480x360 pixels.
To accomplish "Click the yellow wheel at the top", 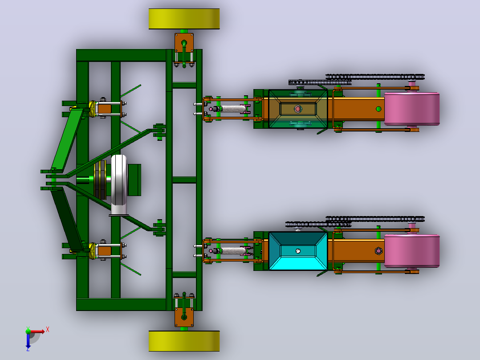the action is tap(184, 19).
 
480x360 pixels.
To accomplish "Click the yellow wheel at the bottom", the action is tap(184, 341).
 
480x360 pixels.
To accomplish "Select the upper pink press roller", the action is tap(412, 109).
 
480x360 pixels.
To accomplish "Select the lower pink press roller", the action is tap(412, 251).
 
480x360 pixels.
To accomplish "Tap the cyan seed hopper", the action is tap(298, 251).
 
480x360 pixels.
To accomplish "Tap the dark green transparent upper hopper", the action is tap(298, 109).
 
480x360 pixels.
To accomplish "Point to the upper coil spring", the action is tap(232, 109).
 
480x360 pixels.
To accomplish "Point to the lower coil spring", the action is tap(232, 251).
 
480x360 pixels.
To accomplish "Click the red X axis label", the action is tap(48, 330).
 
